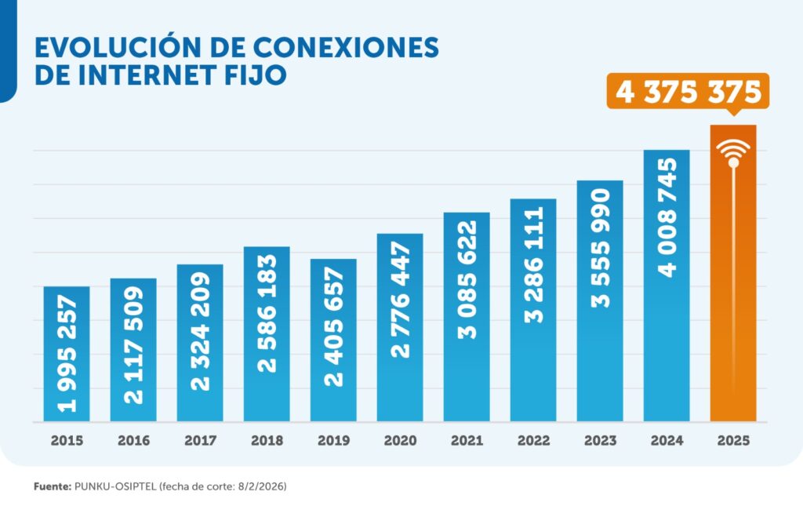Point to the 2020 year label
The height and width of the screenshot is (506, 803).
(x=400, y=441)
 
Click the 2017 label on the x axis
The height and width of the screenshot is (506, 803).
(x=200, y=441)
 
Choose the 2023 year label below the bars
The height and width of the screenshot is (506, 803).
(x=600, y=441)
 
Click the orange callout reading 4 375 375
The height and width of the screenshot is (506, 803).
(x=689, y=92)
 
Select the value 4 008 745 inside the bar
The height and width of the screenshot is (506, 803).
(x=667, y=217)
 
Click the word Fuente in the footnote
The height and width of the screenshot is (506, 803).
(x=51, y=487)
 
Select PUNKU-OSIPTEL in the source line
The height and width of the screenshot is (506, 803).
(x=114, y=487)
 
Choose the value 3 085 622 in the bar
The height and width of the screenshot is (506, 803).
(x=467, y=278)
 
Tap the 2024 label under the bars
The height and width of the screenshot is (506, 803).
(x=667, y=441)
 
